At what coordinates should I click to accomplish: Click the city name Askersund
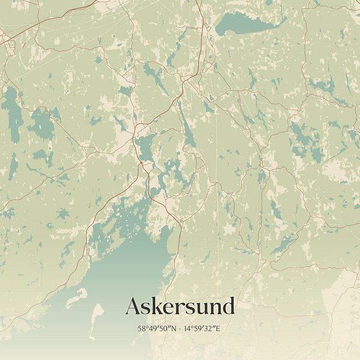click(179, 307)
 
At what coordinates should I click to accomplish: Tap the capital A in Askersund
click(133, 307)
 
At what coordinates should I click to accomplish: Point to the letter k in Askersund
click(158, 306)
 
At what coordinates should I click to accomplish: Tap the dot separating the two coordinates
click(181, 329)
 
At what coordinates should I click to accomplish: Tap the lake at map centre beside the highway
click(145, 148)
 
